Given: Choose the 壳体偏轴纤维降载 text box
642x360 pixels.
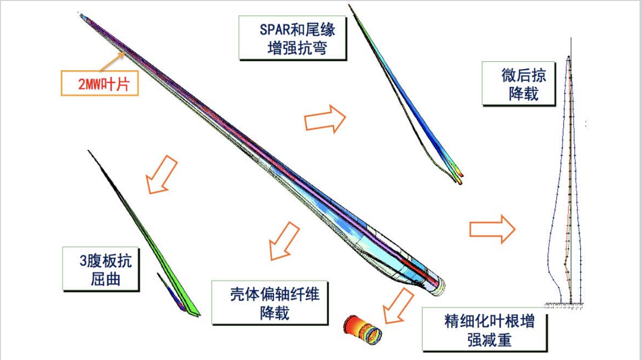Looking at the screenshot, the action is [270, 303].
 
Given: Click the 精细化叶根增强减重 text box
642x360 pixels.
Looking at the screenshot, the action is [484, 330].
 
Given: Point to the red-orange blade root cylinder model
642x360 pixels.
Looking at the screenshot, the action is [363, 329].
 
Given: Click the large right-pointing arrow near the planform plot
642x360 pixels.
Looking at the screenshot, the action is [492, 229].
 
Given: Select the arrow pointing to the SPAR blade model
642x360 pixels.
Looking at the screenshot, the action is [325, 119].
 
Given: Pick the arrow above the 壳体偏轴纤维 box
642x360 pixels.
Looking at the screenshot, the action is [284, 240].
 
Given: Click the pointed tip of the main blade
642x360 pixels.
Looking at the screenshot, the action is [80, 15].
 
